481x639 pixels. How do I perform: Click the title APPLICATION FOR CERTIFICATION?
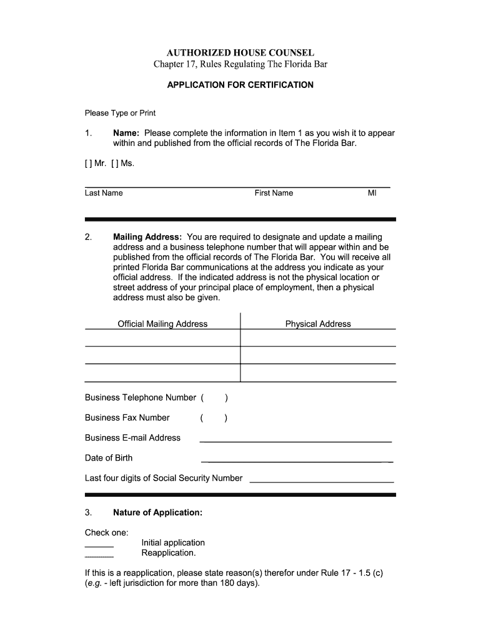point(240,85)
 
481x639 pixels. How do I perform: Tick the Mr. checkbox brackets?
point(88,163)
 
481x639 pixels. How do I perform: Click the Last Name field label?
point(104,193)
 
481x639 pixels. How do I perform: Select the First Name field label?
point(274,193)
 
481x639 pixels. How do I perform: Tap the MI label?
point(372,193)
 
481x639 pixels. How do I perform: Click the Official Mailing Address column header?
point(162,324)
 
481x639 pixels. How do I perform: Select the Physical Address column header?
point(318,324)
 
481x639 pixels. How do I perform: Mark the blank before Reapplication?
point(99,555)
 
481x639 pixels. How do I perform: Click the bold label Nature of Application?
point(157,512)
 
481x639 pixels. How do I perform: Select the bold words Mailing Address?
point(147,237)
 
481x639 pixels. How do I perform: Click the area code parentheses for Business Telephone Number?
point(214,398)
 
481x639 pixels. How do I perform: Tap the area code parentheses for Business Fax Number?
point(214,417)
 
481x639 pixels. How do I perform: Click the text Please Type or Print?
point(120,113)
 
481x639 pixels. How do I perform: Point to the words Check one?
point(106,532)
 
